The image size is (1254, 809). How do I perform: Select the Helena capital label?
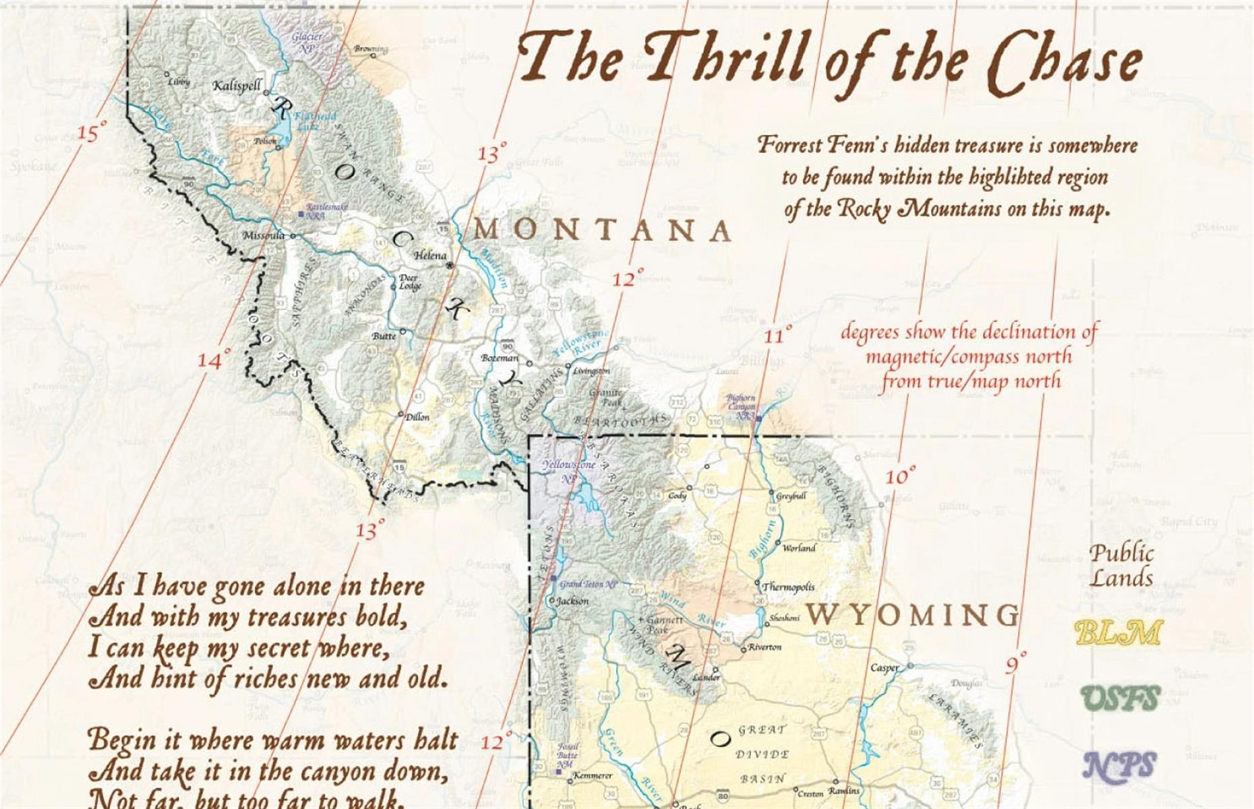pyautogui.click(x=429, y=256)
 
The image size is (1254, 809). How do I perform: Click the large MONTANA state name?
pyautogui.click(x=602, y=231)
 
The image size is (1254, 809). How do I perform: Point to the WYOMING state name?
pyautogui.click(x=914, y=614)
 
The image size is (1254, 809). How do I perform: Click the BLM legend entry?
pyautogui.click(x=1118, y=632)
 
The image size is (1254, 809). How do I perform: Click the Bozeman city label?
pyautogui.click(x=500, y=357)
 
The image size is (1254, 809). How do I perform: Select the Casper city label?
pyautogui.click(x=884, y=667)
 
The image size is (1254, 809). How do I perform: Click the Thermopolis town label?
pyautogui.click(x=787, y=587)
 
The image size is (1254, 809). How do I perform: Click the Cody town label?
pyautogui.click(x=677, y=495)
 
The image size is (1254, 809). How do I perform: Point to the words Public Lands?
pyautogui.click(x=1121, y=565)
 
